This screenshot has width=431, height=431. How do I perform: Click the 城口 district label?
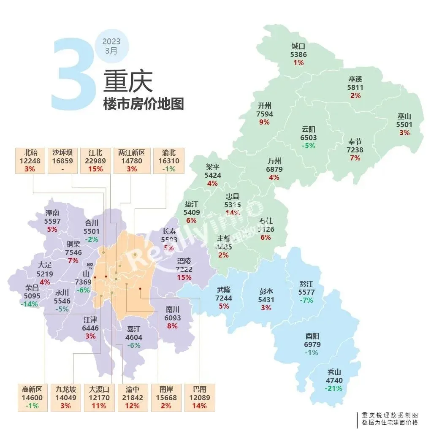click(298, 46)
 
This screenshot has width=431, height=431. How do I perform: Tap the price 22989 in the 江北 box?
click(96, 161)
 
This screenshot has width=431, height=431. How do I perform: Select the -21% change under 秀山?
click(334, 388)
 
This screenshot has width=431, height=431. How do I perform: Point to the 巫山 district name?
click(404, 117)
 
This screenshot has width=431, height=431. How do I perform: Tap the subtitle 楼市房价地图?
click(144, 104)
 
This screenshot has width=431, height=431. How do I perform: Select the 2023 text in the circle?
click(111, 42)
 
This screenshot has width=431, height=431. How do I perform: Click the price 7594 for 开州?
click(265, 114)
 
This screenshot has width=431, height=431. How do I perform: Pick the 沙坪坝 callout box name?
click(62, 153)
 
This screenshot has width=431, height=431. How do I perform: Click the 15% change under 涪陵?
click(184, 278)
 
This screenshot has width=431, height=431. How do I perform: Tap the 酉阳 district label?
click(312, 336)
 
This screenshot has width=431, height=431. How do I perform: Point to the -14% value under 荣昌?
click(29, 304)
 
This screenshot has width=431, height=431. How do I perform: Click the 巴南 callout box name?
click(199, 390)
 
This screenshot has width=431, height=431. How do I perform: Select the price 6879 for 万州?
click(274, 169)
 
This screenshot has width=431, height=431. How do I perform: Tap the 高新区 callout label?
click(32, 390)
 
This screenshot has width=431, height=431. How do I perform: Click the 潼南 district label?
click(53, 213)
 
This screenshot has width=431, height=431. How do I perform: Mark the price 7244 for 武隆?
click(224, 298)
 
